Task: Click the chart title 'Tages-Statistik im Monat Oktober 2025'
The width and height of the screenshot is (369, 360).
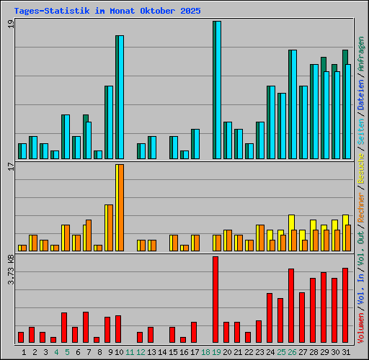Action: point(107,12)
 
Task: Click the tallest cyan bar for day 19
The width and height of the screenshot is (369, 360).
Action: point(217,90)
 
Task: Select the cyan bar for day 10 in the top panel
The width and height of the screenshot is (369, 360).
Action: point(120,97)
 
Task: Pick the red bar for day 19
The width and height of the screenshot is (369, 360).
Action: point(215,300)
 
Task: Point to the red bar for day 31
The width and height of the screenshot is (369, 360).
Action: point(345,305)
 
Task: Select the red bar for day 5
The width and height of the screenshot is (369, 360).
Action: point(64,328)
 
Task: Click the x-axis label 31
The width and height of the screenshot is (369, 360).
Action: point(345,352)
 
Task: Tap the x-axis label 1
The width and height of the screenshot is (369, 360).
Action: point(25,352)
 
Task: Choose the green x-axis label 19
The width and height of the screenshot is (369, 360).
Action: point(216,352)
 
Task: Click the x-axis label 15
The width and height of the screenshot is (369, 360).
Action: point(173,352)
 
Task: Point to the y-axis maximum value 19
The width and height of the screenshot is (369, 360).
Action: point(11,24)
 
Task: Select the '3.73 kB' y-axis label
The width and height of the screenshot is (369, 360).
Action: point(11,270)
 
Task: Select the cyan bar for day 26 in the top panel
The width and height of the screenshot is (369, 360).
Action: point(293,104)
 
